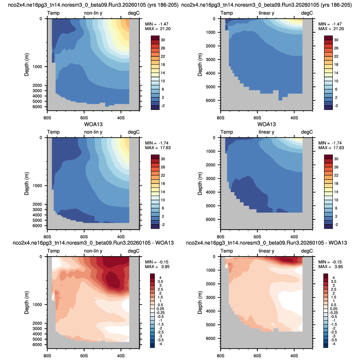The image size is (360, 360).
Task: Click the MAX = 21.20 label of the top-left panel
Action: (x=158, y=29)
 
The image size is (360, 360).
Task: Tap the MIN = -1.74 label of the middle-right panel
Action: (x=330, y=143)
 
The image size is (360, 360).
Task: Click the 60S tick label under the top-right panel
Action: (x=257, y=118)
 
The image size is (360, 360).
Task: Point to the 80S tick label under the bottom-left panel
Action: (x=47, y=356)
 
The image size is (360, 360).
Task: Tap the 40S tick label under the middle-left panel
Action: (x=121, y=237)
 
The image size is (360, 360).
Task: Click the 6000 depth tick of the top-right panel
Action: (x=211, y=100)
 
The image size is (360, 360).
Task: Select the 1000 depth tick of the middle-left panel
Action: (x=38, y=186)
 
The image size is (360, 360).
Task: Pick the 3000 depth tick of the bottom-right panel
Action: (x=211, y=297)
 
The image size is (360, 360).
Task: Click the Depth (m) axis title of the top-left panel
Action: (x=27, y=64)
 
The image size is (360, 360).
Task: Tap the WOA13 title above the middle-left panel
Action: (x=93, y=124)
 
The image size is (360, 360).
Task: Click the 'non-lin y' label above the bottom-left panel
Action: (x=93, y=251)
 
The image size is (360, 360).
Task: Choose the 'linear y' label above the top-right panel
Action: (x=266, y=13)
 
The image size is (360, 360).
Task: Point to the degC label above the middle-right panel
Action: (x=307, y=132)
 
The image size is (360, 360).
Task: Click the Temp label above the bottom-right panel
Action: (x=227, y=251)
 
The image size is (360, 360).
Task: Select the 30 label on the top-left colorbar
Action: (x=163, y=40)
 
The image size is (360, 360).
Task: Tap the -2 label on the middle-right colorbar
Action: (x=336, y=224)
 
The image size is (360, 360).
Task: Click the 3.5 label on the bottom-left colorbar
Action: (x=160, y=282)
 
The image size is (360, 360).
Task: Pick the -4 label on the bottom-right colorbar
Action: (x=334, y=344)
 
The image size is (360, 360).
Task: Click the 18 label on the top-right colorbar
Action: (x=336, y=64)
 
